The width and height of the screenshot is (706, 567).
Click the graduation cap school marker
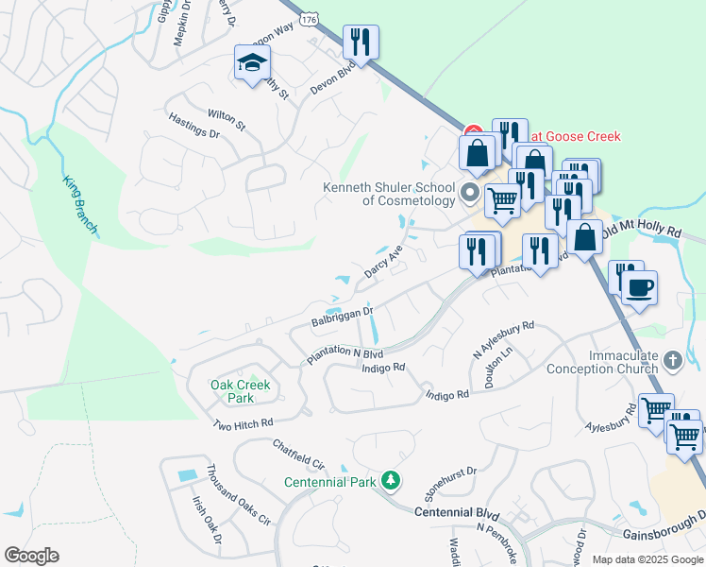click(252, 63)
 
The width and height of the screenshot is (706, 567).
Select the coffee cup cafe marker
click(639, 288)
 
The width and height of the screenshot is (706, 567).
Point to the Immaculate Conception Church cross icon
click(672, 361)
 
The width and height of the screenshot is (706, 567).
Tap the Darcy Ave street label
click(383, 262)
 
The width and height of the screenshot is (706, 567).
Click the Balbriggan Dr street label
click(343, 316)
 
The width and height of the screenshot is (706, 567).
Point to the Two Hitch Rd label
click(243, 424)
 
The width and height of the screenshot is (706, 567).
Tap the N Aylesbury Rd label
click(503, 338)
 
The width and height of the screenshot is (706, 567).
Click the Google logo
click(31, 556)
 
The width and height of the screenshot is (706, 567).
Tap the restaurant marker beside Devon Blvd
click(360, 42)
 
